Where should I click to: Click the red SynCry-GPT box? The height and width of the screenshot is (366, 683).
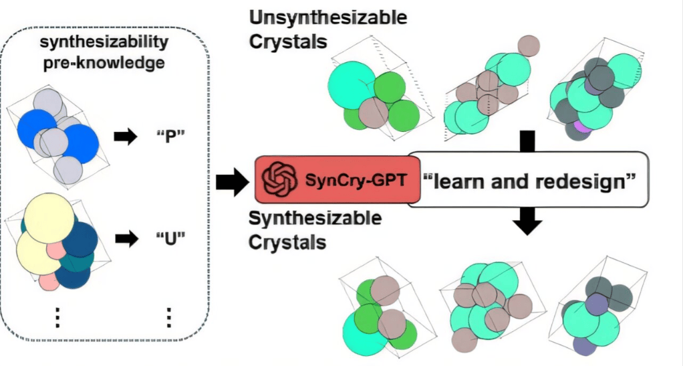[x=337, y=177]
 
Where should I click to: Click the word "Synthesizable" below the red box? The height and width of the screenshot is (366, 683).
[x=315, y=218]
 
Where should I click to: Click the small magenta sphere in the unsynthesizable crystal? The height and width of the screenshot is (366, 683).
[x=581, y=126]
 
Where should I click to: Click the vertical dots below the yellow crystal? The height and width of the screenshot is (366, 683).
[x=57, y=315]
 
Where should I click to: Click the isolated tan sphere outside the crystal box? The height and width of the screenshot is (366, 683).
[x=528, y=45]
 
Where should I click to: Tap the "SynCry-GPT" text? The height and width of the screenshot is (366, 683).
[x=355, y=178]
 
